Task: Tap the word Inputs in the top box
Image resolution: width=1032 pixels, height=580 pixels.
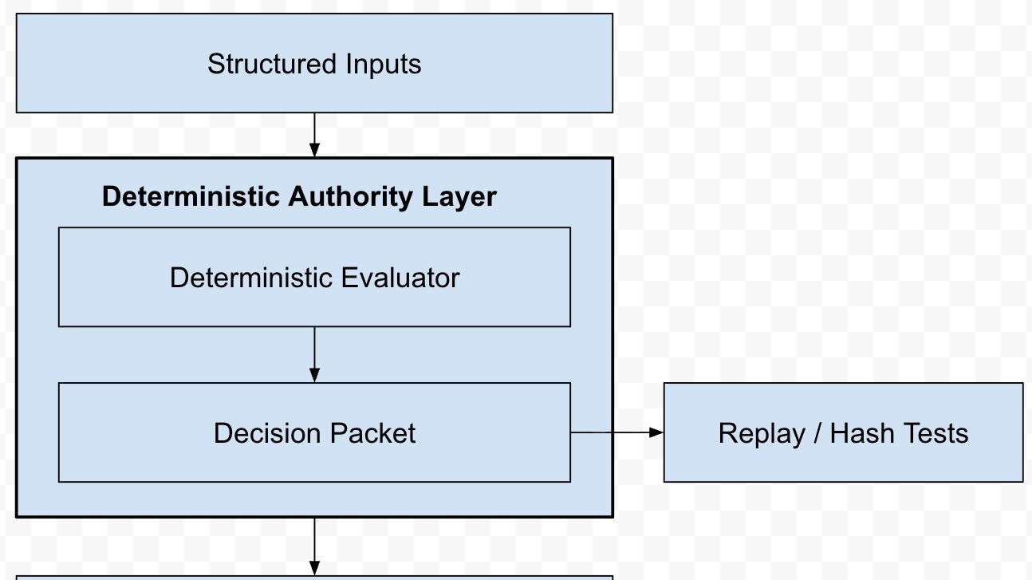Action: pyautogui.click(x=383, y=65)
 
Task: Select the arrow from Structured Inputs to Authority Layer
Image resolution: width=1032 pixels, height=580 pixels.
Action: pyautogui.click(x=314, y=132)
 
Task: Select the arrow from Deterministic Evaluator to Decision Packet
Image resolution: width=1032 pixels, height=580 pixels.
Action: pyautogui.click(x=314, y=352)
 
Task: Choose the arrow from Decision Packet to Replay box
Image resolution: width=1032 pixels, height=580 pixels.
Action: pyautogui.click(x=614, y=432)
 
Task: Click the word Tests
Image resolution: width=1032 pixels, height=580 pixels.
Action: pyautogui.click(x=935, y=433)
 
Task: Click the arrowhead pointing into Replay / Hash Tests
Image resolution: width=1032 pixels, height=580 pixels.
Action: pyautogui.click(x=656, y=432)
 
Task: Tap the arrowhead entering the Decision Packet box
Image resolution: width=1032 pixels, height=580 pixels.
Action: pyautogui.click(x=314, y=375)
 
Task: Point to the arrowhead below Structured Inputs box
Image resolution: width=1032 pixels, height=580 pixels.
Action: pyautogui.click(x=314, y=149)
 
